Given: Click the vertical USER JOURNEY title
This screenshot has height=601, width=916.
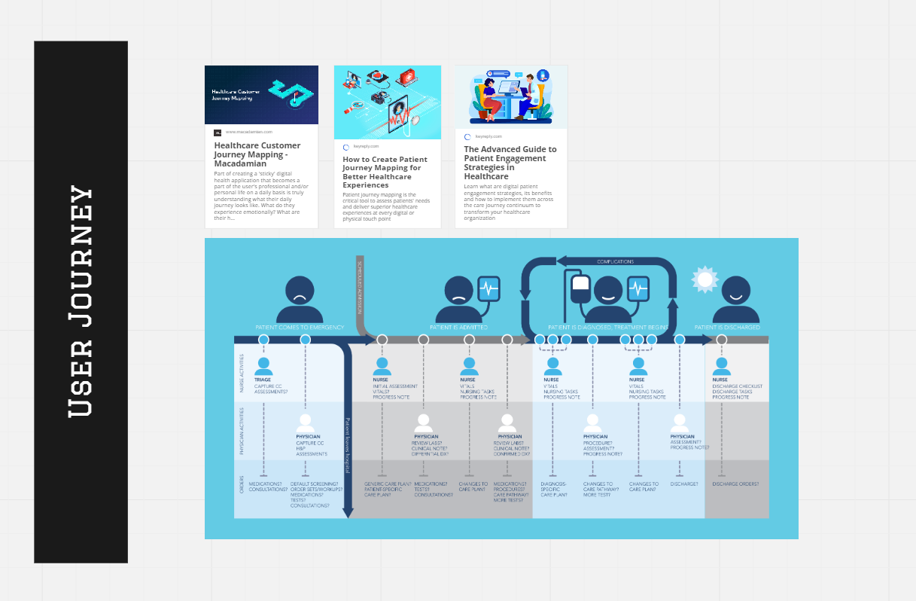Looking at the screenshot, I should point(81,301).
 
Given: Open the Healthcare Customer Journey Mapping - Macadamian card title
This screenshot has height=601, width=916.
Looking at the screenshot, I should point(257,154).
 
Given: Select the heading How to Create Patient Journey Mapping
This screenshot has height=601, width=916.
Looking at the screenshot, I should point(385,172).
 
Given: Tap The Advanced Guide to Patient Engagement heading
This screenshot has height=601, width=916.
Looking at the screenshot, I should point(510,163).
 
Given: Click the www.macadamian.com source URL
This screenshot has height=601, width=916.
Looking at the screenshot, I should point(248,132).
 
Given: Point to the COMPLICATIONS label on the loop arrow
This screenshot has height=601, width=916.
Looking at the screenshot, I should point(615,261).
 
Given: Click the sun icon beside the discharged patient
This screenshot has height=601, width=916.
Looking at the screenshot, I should point(705,279).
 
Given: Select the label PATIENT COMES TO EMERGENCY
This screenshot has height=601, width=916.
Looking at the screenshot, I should point(300,328).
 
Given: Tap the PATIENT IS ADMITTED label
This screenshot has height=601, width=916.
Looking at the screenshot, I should point(458,328).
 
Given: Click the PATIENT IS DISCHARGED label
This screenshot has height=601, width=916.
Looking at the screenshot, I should point(726,328).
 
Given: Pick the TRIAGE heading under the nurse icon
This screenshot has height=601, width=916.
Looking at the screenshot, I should point(263,380).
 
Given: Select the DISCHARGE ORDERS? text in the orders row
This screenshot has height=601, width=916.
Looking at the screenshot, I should point(735,484).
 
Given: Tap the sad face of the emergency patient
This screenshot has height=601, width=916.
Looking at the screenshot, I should point(300,295).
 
